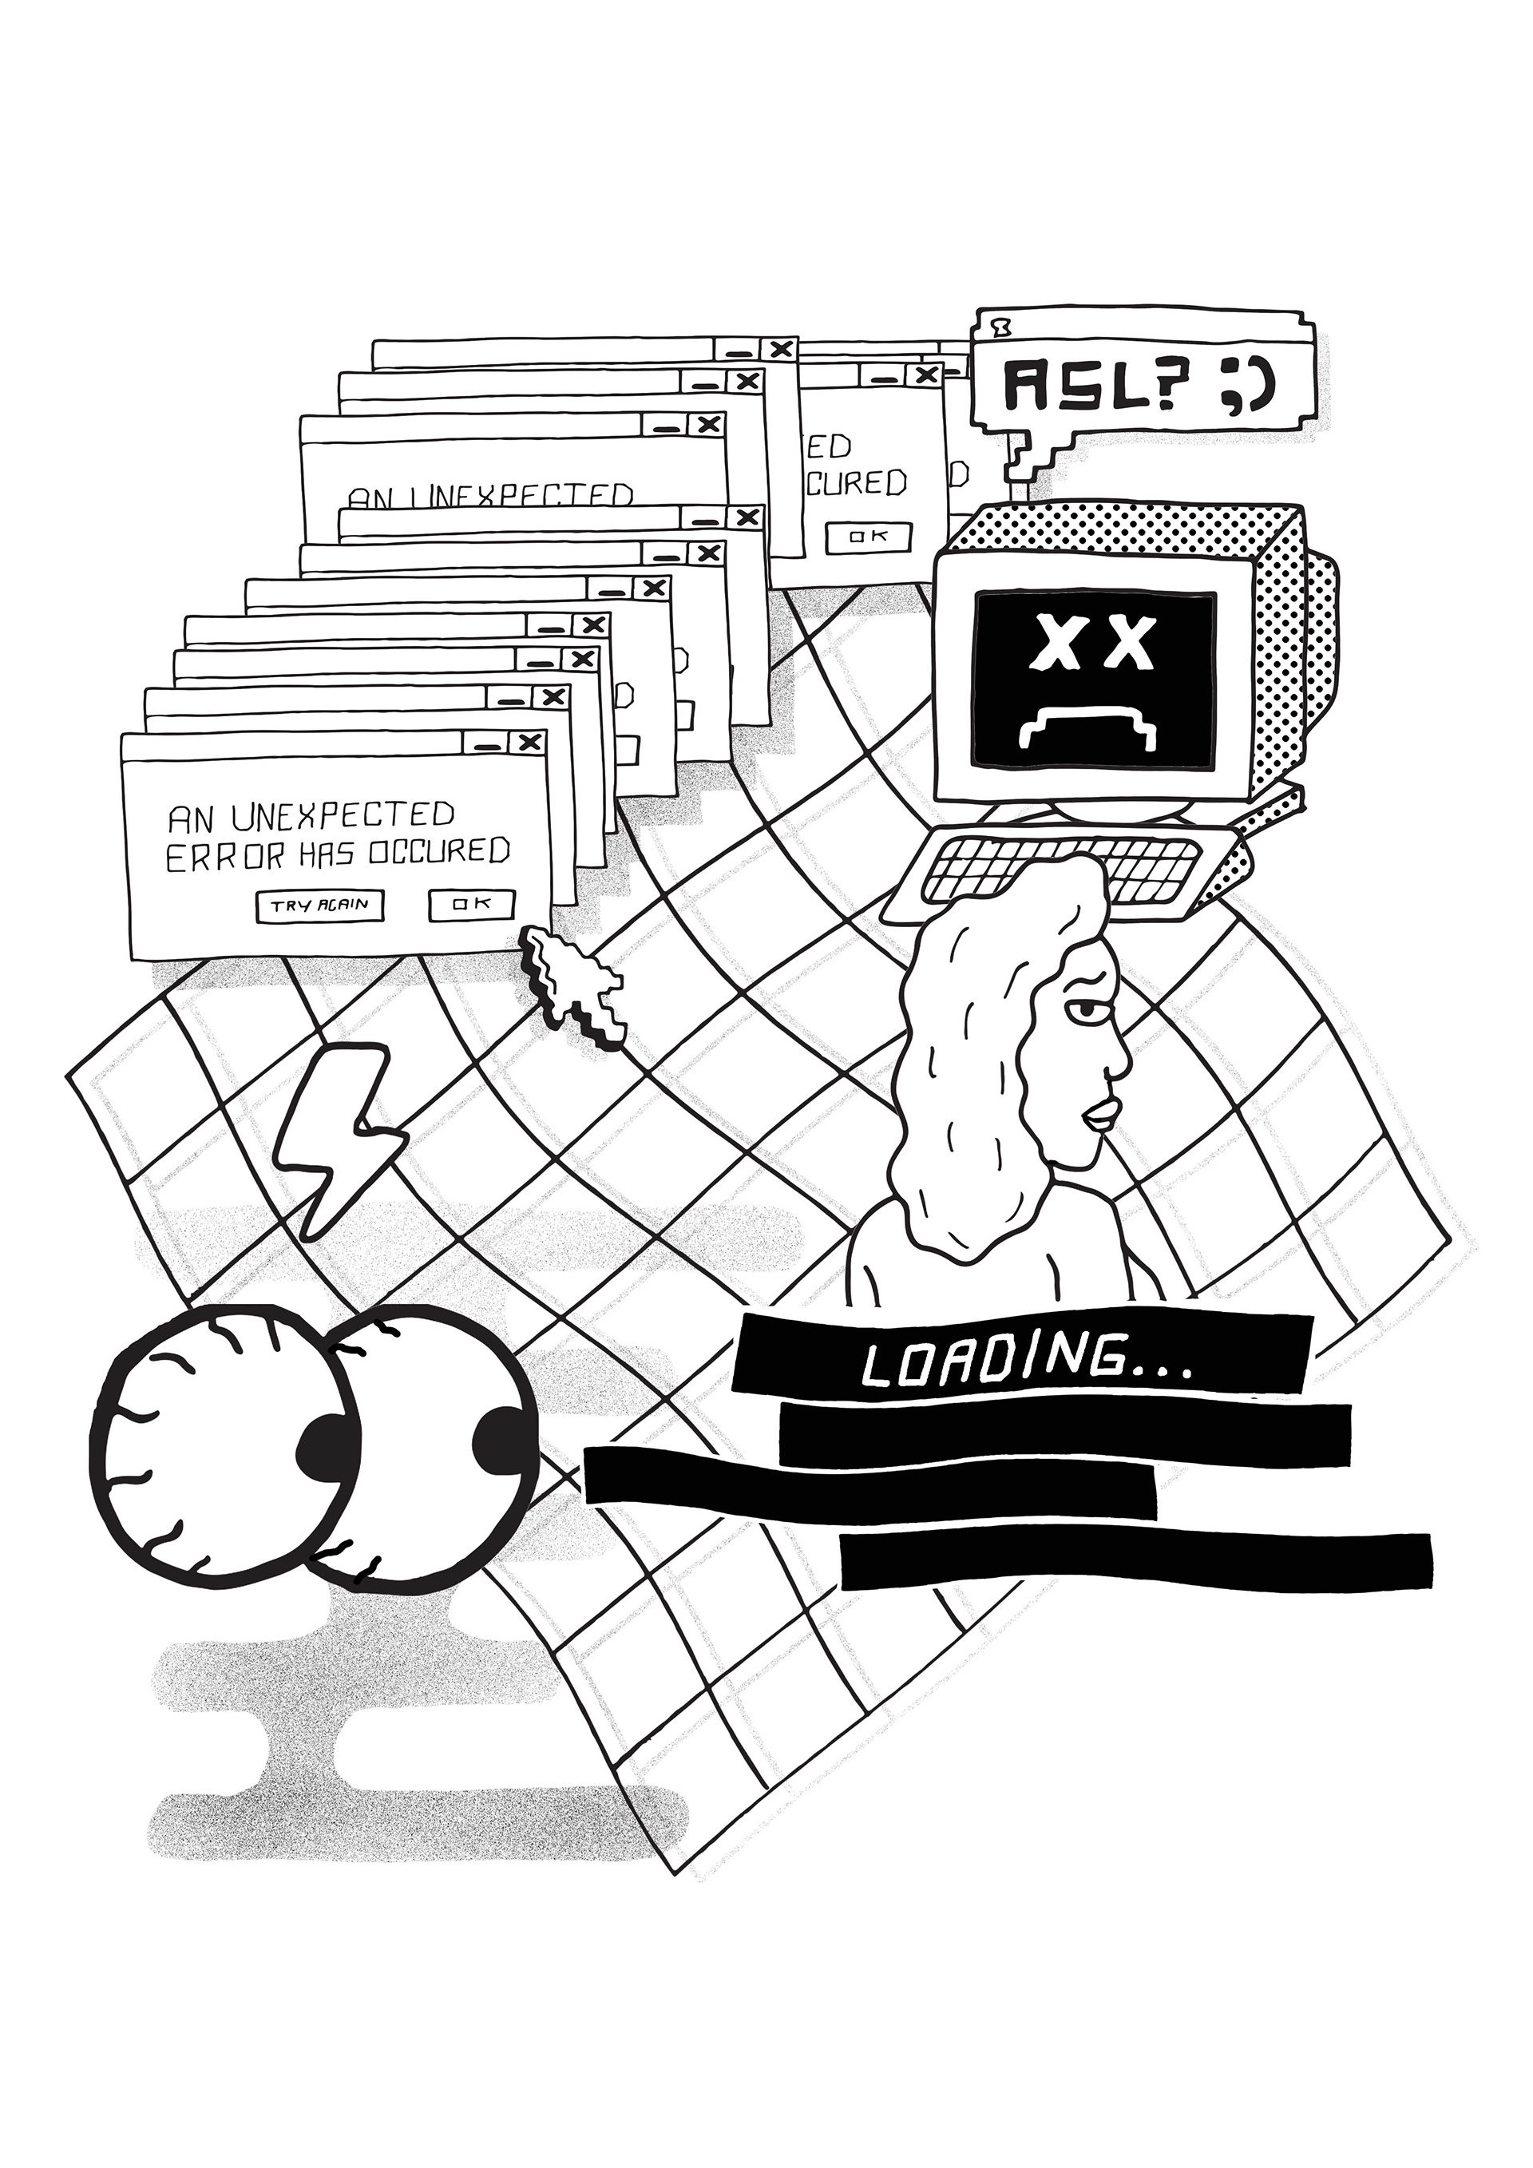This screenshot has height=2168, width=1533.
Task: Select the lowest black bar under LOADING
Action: click(1135, 1561)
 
